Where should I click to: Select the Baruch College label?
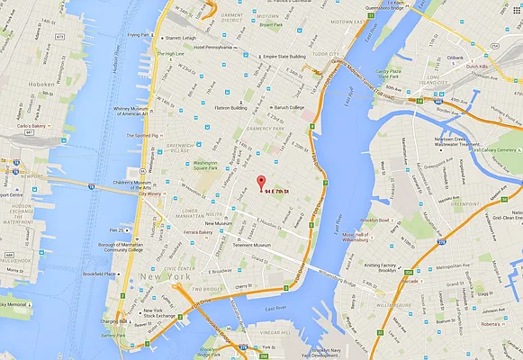(287, 108)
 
